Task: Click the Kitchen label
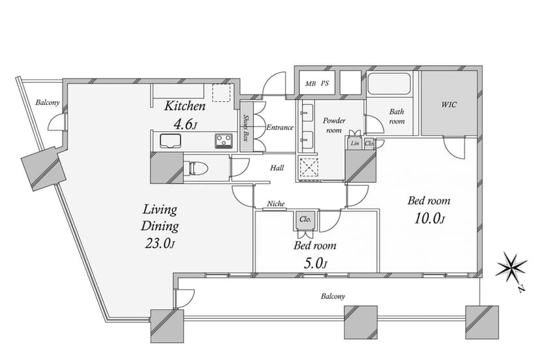pos(185,106)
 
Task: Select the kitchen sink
pos(170,141)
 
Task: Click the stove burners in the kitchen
pos(224,141)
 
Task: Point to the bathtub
pos(389,83)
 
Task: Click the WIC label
pos(449,104)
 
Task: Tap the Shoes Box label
pos(247,127)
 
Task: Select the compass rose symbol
pos(511,265)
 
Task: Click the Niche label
pos(276,203)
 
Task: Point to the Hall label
pos(277,168)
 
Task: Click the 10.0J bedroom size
pos(429,218)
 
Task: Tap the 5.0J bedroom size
pos(315,263)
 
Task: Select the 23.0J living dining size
pos(160,243)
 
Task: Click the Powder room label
pos(334,125)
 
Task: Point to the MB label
pos(310,83)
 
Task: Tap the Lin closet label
pos(355,143)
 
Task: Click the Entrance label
pos(280,127)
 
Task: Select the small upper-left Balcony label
pos(48,102)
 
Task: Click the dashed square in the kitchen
pos(221,93)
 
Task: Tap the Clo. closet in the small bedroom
pos(305,219)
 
